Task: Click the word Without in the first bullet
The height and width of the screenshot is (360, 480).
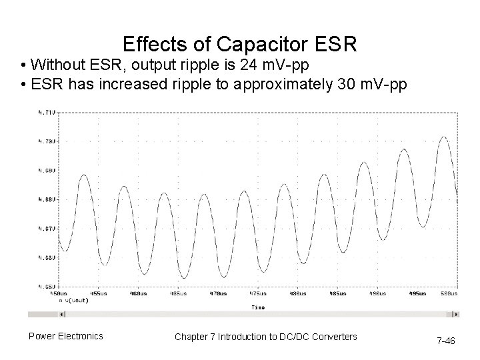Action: [57, 65]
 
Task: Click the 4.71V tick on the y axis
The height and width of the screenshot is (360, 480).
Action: [47, 113]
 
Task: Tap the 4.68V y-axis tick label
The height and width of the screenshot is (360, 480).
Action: [47, 199]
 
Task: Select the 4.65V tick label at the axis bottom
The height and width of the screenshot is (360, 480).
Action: [47, 286]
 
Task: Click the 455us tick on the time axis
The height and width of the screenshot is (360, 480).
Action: [97, 293]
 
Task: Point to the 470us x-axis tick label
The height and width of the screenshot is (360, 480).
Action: [217, 293]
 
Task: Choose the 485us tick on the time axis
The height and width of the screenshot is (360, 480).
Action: [337, 293]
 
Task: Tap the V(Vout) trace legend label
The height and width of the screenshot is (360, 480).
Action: [73, 300]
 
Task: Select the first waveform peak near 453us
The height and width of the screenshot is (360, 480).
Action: [83, 175]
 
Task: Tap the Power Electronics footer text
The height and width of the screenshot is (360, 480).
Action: [65, 336]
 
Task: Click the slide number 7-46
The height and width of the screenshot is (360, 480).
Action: [445, 341]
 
